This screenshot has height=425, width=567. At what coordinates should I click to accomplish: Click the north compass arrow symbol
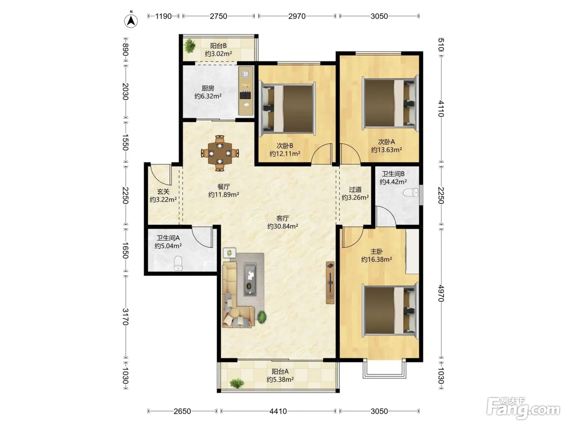(x=131, y=21)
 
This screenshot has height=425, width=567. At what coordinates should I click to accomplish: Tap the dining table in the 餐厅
(x=220, y=153)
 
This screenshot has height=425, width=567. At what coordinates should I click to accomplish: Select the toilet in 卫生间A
(x=178, y=263)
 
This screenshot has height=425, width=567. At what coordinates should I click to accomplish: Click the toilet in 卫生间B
(x=411, y=193)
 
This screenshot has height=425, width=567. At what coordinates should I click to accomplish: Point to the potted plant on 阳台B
(x=190, y=46)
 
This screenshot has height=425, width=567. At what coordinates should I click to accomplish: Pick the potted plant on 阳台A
(x=237, y=383)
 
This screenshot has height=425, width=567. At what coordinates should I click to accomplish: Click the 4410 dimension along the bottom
(x=278, y=411)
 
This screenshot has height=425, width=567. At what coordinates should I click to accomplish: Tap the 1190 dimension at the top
(x=163, y=16)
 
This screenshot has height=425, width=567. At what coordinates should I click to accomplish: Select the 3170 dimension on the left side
(x=125, y=317)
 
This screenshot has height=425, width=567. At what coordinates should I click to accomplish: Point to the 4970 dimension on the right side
(x=441, y=293)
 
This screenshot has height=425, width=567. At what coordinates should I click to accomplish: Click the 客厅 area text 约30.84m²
(x=283, y=226)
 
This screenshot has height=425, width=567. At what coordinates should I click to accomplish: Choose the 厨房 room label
(x=208, y=88)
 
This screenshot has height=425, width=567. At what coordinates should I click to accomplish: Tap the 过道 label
(x=355, y=190)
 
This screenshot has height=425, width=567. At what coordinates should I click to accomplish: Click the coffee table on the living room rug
(x=250, y=279)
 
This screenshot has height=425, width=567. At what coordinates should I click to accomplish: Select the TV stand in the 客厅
(x=330, y=283)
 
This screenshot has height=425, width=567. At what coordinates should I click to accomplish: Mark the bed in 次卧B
(x=288, y=108)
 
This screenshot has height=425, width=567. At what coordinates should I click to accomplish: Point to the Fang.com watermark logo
(x=523, y=408)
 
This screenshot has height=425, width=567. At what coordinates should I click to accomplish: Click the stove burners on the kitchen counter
(x=245, y=95)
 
